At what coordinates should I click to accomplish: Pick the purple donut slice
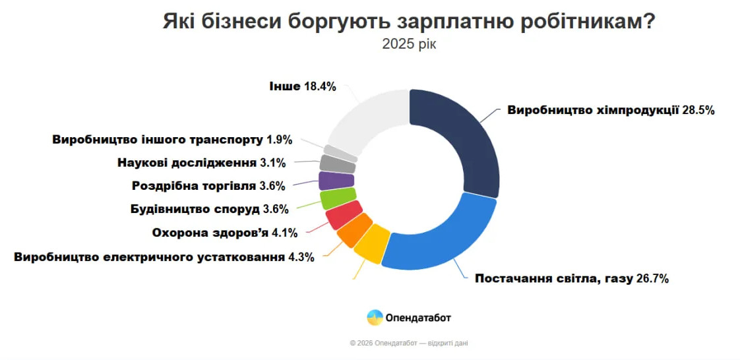(336, 180)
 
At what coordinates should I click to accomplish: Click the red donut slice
(344, 215)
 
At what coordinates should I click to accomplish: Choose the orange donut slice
(354, 230)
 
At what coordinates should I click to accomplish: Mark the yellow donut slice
(371, 243)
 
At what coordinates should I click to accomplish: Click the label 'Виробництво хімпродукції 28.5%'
(611, 110)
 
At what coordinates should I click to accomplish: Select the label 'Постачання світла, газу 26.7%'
(572, 278)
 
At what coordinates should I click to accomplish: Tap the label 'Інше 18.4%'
(303, 86)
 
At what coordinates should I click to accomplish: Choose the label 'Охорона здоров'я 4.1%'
(225, 232)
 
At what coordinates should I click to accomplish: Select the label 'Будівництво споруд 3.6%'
(210, 210)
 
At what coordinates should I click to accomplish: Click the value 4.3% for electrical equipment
(301, 256)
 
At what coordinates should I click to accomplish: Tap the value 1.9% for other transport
(279, 140)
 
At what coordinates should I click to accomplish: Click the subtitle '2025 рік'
(409, 44)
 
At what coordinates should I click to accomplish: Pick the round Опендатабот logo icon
(375, 317)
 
